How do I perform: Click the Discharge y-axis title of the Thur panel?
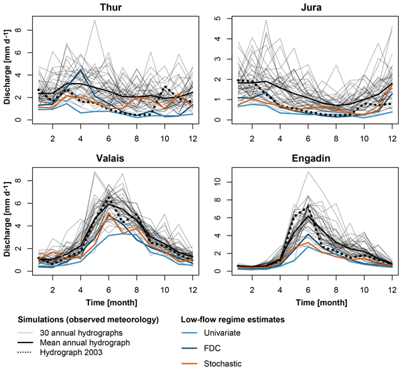(9, 72)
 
